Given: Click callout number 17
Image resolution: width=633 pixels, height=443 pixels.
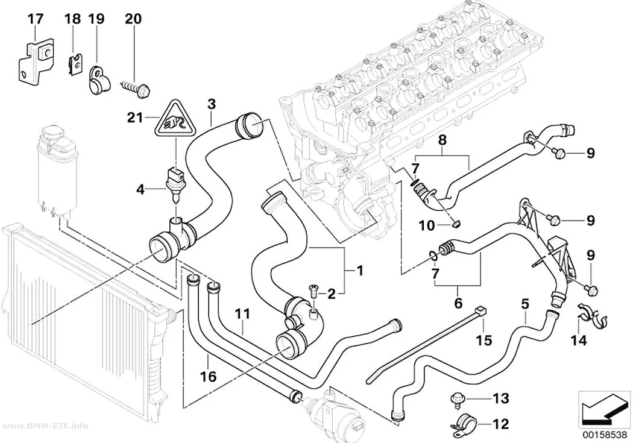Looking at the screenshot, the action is (x=35, y=19).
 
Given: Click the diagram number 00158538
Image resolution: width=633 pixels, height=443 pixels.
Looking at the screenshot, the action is (x=605, y=435).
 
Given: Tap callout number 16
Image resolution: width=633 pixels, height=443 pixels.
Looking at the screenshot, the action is (x=209, y=377).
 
